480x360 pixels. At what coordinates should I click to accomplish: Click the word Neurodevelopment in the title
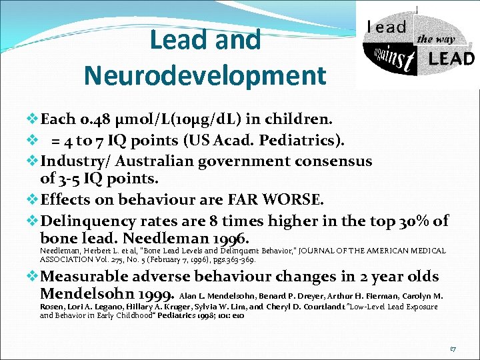coord(205,75)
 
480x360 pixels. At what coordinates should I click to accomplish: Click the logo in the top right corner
coord(417,45)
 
